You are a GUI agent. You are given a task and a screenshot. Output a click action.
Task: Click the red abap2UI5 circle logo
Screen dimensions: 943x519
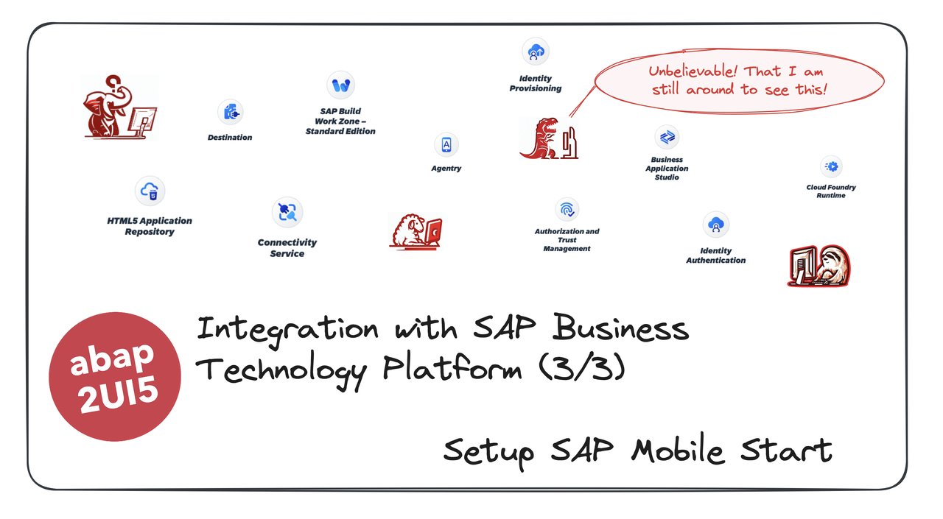115,376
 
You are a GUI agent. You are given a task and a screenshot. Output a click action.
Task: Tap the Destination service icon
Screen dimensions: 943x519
230,113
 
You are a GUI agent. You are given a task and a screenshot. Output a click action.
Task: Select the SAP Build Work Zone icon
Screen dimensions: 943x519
340,85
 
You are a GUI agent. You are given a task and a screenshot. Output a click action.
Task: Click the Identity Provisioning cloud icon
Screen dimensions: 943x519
536,52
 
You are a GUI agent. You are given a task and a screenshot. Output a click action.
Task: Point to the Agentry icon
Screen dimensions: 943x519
446,145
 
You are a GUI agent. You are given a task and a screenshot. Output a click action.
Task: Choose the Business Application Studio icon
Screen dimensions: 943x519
667,137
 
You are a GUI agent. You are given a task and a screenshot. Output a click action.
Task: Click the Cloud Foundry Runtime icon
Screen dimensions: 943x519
831,166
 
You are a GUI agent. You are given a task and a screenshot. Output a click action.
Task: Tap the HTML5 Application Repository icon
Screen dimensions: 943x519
150,191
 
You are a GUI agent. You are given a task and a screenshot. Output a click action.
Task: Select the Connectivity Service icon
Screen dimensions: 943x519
287,213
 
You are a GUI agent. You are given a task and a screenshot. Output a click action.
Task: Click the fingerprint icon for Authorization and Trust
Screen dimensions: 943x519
567,210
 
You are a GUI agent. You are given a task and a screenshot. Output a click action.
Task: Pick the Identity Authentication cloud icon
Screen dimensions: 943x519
716,225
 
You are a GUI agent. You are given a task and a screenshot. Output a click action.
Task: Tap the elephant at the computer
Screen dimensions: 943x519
118,108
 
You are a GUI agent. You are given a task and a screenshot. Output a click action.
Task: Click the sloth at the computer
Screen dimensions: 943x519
819,266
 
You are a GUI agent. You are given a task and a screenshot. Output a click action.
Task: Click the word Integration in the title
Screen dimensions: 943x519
288,328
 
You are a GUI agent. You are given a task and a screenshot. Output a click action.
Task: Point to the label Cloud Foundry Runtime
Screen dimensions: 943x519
831,191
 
